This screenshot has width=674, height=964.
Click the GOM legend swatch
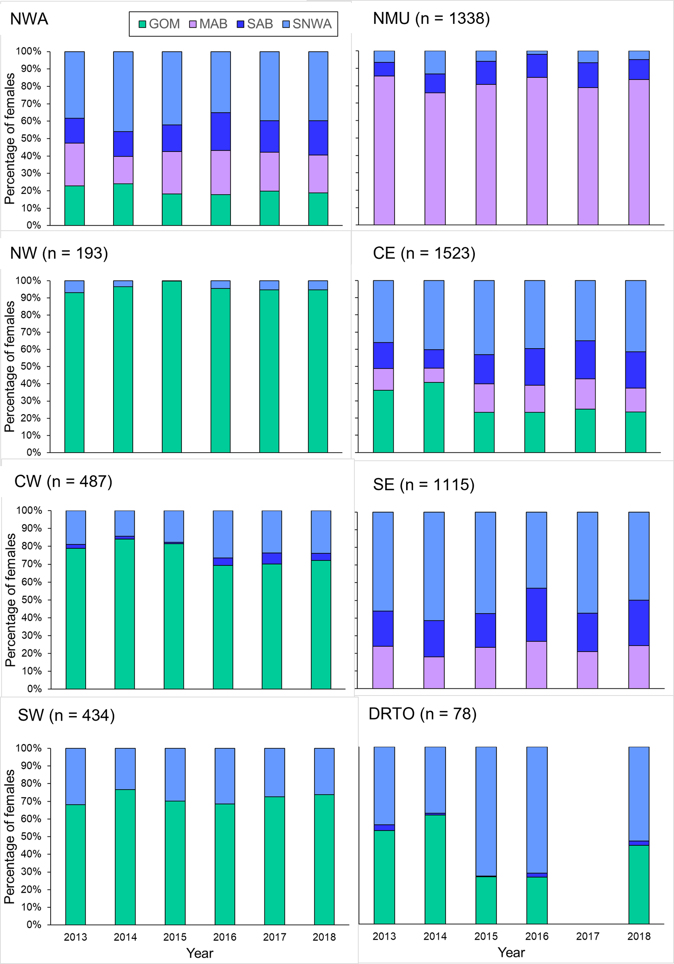[142, 24]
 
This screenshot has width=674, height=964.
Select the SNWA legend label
[312, 24]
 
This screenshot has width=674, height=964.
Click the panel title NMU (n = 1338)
[431, 19]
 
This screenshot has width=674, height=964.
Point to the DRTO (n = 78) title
[422, 714]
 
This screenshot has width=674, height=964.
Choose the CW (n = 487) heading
[63, 482]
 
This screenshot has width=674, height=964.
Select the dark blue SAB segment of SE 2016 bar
[536, 614]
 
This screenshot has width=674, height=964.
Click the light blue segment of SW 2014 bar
[125, 769]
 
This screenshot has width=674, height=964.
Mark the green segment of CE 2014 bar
[434, 417]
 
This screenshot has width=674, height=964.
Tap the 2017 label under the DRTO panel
[588, 936]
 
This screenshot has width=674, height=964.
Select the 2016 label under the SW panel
[225, 937]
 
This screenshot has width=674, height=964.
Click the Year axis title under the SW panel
[200, 953]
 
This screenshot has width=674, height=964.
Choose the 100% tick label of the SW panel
[29, 748]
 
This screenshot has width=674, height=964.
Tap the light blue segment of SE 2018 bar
[639, 556]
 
